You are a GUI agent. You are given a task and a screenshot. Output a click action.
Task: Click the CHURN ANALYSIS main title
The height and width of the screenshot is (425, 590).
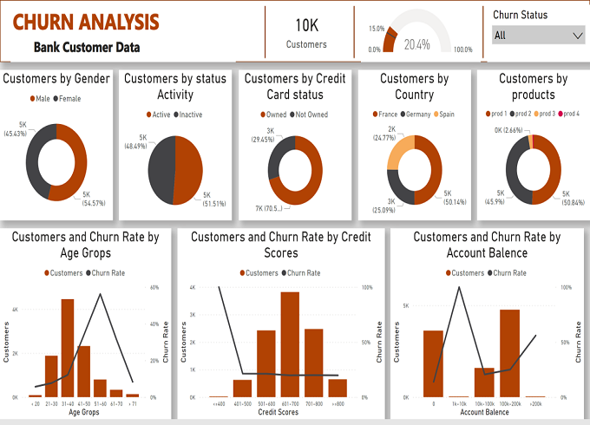[86, 21]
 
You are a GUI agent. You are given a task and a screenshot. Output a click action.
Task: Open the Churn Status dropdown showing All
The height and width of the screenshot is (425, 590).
[539, 35]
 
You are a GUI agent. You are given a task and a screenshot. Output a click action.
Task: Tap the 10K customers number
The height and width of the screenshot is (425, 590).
[306, 25]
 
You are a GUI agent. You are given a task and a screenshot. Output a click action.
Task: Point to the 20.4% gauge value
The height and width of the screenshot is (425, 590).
[416, 44]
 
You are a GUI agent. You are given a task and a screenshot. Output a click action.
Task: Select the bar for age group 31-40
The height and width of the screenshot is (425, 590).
[68, 347]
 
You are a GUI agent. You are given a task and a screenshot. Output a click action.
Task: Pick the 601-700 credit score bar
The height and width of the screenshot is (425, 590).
[290, 343]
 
